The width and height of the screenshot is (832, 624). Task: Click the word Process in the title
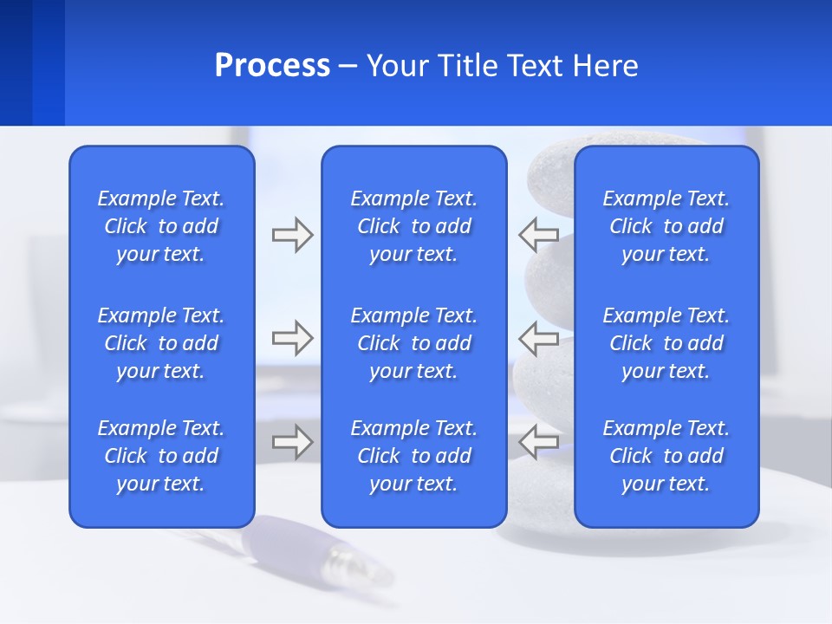pos(272,66)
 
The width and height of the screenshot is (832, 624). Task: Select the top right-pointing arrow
pos(292,235)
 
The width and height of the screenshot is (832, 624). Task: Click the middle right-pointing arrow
pos(292,338)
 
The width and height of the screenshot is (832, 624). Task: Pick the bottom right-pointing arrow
pos(292,442)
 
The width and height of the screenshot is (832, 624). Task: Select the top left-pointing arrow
pos(538,235)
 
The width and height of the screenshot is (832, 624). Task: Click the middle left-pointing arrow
pos(538,338)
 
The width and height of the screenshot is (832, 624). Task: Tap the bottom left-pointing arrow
pos(538,442)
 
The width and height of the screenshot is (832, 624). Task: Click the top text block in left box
pos(161,226)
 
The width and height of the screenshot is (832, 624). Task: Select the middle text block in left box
pos(161,343)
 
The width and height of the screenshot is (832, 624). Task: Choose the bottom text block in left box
pos(161,456)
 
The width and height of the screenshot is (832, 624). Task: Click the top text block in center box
pos(414,226)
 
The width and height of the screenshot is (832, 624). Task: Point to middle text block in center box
pos(414,343)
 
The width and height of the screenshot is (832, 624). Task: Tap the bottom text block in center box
pos(414,456)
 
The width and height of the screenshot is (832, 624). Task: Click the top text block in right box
pos(666,226)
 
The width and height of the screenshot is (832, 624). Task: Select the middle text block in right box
pos(666,343)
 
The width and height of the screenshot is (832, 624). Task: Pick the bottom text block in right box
pos(666,456)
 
